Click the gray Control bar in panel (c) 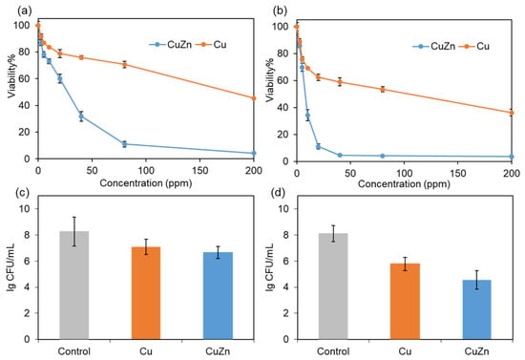click(x=74, y=286)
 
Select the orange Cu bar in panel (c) click(x=146, y=293)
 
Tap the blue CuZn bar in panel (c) click(x=218, y=296)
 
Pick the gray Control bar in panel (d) click(x=333, y=286)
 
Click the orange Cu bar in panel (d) click(x=405, y=302)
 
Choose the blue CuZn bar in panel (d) click(x=476, y=309)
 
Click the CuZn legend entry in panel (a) click(x=171, y=45)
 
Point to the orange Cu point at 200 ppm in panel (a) click(x=254, y=98)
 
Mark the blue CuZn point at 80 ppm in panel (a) click(x=124, y=144)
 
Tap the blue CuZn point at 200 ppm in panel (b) click(x=512, y=157)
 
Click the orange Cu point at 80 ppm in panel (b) click(x=383, y=90)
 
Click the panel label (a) click(x=25, y=11)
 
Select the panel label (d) click(x=280, y=193)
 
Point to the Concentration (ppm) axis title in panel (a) click(x=146, y=183)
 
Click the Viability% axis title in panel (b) click(x=270, y=80)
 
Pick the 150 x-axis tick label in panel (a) click(x=199, y=171)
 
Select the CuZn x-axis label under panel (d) click(x=476, y=351)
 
